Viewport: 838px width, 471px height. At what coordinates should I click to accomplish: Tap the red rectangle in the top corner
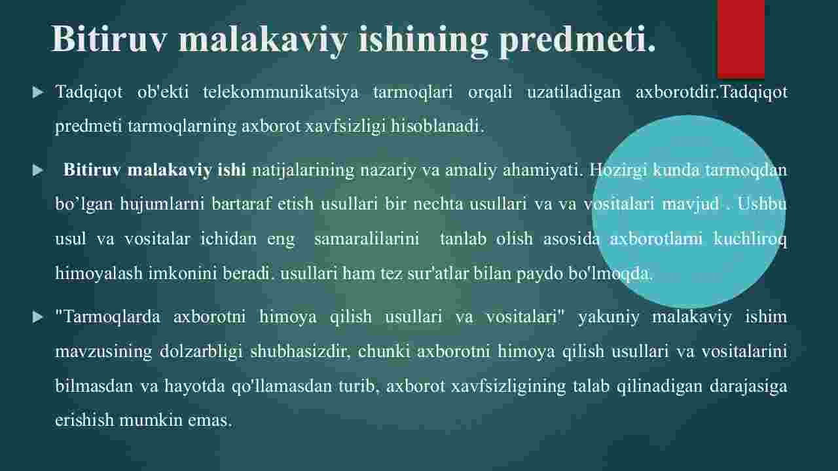click(740, 39)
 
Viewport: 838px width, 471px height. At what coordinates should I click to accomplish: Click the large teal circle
click(689, 212)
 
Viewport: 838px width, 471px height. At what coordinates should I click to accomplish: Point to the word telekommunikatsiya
click(281, 92)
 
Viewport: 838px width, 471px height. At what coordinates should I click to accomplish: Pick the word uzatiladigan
click(574, 92)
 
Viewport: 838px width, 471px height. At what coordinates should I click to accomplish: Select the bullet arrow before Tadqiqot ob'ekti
click(38, 92)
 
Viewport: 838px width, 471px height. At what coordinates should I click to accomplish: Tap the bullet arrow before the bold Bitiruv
click(38, 170)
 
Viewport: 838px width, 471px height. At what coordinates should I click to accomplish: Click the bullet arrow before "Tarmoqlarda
click(38, 318)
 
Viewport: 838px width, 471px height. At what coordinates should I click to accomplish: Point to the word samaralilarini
click(367, 239)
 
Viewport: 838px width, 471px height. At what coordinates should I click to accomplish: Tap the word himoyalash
click(99, 274)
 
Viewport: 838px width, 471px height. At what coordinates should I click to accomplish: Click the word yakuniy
click(609, 318)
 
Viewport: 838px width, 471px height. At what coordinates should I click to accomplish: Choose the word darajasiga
click(748, 386)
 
